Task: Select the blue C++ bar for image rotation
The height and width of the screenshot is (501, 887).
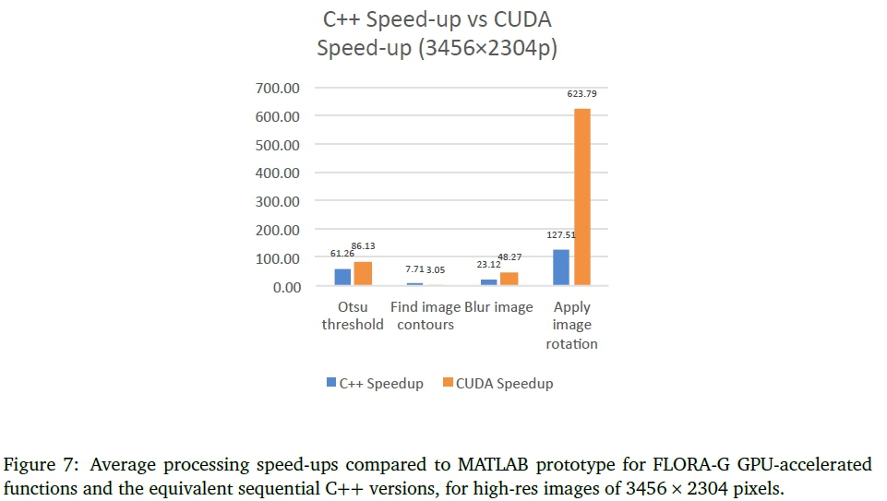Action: point(561,268)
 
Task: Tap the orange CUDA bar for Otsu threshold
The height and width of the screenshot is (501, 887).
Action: point(363,274)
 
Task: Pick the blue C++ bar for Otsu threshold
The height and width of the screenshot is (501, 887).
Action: point(342,277)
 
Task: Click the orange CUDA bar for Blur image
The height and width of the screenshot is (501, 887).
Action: point(509,280)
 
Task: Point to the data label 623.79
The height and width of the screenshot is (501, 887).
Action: point(581,94)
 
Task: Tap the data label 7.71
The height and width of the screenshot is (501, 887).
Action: point(416,268)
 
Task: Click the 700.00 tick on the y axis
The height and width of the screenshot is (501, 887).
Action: point(279,89)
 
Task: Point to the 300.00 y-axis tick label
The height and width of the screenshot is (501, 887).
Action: point(279,202)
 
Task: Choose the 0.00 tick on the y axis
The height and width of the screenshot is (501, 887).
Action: point(284,287)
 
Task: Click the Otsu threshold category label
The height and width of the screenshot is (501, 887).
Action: point(352,316)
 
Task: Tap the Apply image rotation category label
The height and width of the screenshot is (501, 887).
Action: point(572,325)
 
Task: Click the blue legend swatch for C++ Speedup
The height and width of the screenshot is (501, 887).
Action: point(330,383)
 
